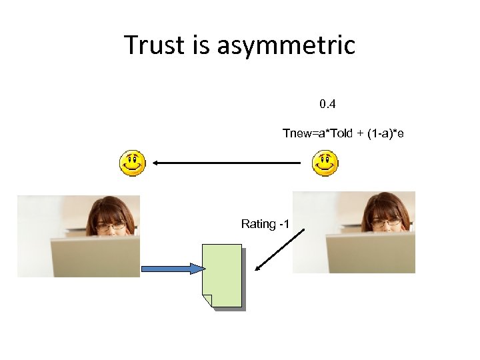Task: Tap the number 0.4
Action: click(x=327, y=104)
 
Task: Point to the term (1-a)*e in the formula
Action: click(x=382, y=133)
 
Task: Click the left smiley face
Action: click(x=132, y=163)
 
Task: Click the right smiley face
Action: click(x=325, y=163)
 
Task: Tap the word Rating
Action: click(x=258, y=224)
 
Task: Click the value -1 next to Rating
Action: click(x=283, y=224)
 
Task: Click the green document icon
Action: click(x=223, y=276)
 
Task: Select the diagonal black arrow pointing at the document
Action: click(x=280, y=250)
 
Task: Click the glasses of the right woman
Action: click(x=385, y=221)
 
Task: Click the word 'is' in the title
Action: click(x=201, y=45)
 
